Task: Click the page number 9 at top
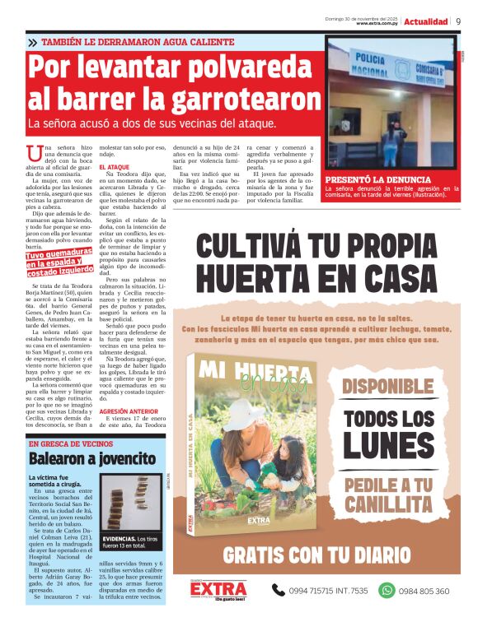[458, 21]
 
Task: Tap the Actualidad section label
[426, 21]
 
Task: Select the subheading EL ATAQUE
[114, 167]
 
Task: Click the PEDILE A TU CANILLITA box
[387, 494]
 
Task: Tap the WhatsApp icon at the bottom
[387, 590]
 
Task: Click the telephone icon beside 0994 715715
[278, 590]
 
